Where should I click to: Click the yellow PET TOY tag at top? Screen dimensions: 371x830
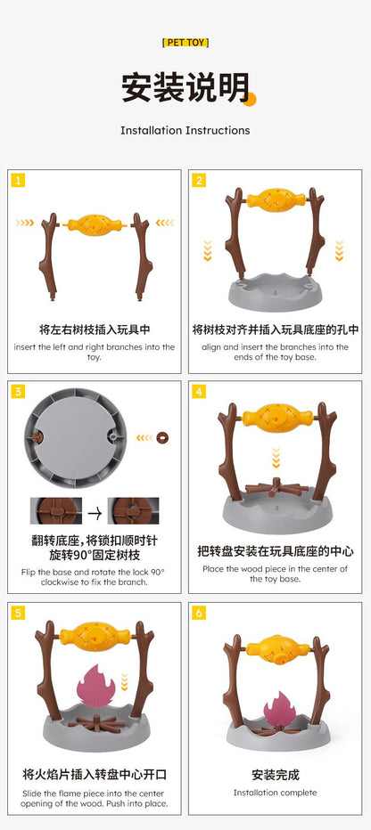[185, 43]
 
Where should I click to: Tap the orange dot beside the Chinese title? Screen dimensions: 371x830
[250, 99]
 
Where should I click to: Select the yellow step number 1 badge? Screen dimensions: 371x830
[18, 181]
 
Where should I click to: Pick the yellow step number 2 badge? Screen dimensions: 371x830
[199, 181]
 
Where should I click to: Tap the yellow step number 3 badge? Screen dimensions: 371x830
[18, 392]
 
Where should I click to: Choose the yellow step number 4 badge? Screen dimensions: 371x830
[199, 392]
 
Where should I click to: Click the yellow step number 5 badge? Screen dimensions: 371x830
[18, 613]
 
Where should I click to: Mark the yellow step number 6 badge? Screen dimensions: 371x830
[199, 613]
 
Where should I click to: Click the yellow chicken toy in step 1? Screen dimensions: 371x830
[95, 225]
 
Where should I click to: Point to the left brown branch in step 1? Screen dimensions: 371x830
[49, 256]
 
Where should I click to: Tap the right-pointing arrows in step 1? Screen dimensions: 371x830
[24, 223]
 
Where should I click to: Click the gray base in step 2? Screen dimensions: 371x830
[275, 292]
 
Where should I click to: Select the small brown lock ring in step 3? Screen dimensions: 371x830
[162, 438]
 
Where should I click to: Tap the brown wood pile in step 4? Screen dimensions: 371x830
[275, 487]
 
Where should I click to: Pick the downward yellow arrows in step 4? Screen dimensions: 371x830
[276, 458]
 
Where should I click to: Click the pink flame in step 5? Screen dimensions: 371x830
[96, 686]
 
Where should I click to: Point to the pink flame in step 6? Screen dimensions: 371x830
[280, 709]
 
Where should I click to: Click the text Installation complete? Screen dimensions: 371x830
[275, 793]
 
